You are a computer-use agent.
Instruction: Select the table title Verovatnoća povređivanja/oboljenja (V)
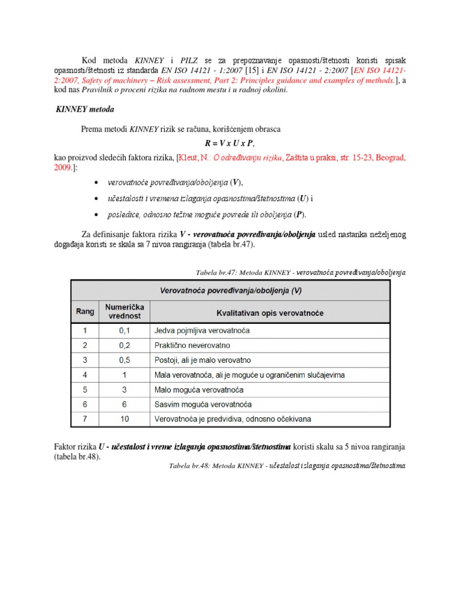tap(231, 292)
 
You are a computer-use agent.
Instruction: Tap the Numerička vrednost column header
tap(125, 311)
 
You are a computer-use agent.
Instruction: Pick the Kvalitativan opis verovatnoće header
tap(270, 312)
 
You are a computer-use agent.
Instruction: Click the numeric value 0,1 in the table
tap(125, 330)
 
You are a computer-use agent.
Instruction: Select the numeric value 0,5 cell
tap(125, 360)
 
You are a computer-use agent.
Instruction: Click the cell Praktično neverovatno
tap(192, 345)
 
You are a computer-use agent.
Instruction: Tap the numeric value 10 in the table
tap(125, 418)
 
